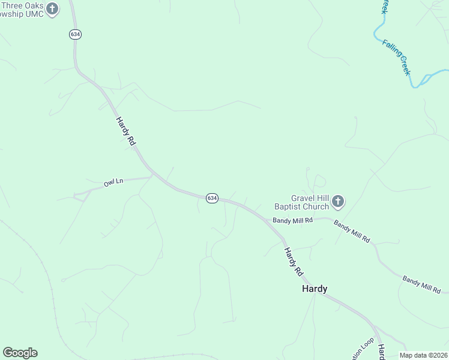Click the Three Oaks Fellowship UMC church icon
click(52, 9)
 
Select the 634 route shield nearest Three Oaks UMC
click(75, 34)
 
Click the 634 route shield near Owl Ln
click(212, 198)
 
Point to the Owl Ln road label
click(113, 182)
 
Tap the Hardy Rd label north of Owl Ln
click(126, 131)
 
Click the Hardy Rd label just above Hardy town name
click(294, 262)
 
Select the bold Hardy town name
click(314, 289)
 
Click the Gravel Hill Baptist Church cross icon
click(338, 202)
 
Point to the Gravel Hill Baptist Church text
click(301, 202)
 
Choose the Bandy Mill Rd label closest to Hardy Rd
click(293, 220)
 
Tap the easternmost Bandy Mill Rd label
click(421, 284)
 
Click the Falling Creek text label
click(397, 57)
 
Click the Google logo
click(20, 353)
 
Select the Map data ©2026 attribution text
click(424, 355)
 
